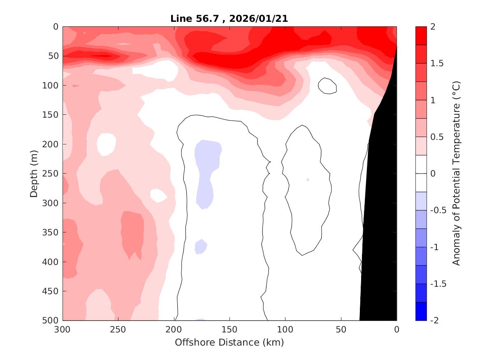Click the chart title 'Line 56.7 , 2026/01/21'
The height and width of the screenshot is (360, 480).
pos(229,19)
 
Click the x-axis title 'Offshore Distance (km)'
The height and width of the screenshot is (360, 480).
pos(229,342)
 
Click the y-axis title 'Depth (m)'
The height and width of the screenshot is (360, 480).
pos(34,173)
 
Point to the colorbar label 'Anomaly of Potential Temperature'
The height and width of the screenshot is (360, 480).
pos(456,173)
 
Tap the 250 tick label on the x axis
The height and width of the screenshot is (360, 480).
pos(118,330)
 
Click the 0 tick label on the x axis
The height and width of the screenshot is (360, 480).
pos(397,330)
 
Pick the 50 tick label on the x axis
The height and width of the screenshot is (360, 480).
pos(341,330)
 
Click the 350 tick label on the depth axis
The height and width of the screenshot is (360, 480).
pos(51,232)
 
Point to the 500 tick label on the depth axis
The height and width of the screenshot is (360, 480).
pos(51,321)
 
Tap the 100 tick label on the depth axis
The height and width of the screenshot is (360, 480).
pos(51,86)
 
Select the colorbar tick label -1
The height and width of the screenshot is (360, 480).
pos(436,247)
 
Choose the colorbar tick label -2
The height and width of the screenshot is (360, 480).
pos(436,321)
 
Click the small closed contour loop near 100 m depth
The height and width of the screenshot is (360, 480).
pos(327,86)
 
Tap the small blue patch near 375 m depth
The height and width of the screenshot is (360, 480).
pos(200,246)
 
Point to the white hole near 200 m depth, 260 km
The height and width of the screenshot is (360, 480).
pos(106,144)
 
